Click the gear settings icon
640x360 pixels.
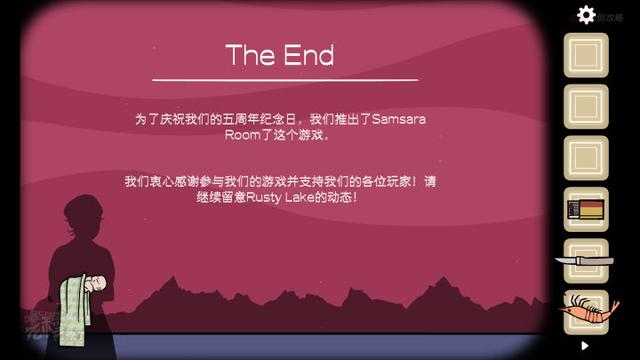[x=587, y=15]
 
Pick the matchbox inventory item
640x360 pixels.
[x=586, y=210]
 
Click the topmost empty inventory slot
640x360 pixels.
[x=586, y=55]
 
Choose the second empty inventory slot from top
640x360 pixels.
[x=586, y=107]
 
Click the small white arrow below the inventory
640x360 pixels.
[x=585, y=346]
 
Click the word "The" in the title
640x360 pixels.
[x=247, y=55]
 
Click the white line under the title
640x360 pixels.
[x=285, y=79]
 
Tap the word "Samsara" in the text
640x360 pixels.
[x=399, y=119]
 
